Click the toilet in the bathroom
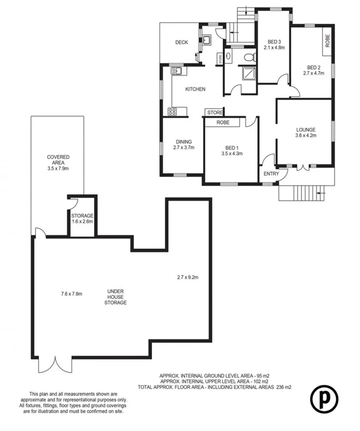pyautogui.click(x=249, y=56)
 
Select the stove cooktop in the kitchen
pyautogui.click(x=172, y=112)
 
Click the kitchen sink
pyautogui.click(x=176, y=71)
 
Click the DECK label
pyautogui.click(x=182, y=43)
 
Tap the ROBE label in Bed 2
pyautogui.click(x=327, y=41)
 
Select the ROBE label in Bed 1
pyautogui.click(x=223, y=122)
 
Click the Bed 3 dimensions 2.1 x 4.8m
pyautogui.click(x=275, y=48)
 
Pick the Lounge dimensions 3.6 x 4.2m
pyautogui.click(x=305, y=136)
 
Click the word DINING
pyautogui.click(x=184, y=142)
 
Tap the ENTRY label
pyautogui.click(x=272, y=174)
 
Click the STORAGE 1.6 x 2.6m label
pyautogui.click(x=82, y=219)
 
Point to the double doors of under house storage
pyautogui.click(x=55, y=365)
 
